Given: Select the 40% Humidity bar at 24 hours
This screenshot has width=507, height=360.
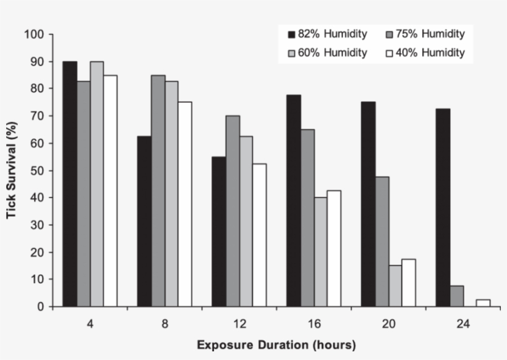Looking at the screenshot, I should click(x=483, y=303).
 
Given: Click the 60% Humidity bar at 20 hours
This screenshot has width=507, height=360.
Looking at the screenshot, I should click(x=396, y=286).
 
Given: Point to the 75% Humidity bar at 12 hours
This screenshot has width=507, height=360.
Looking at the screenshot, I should click(x=232, y=211).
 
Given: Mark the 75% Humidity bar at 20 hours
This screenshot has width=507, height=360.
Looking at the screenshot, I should click(x=382, y=242).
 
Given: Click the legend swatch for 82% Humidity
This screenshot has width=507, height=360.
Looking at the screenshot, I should click(x=291, y=34).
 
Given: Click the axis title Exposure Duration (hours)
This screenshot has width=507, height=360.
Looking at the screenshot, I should click(x=276, y=345).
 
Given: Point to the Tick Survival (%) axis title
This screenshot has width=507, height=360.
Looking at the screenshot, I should click(x=11, y=170).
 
